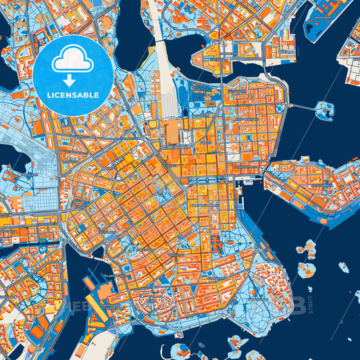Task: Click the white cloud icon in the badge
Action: [x=73, y=60]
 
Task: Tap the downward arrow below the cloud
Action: [x=73, y=80]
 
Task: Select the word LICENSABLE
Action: [x=74, y=95]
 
